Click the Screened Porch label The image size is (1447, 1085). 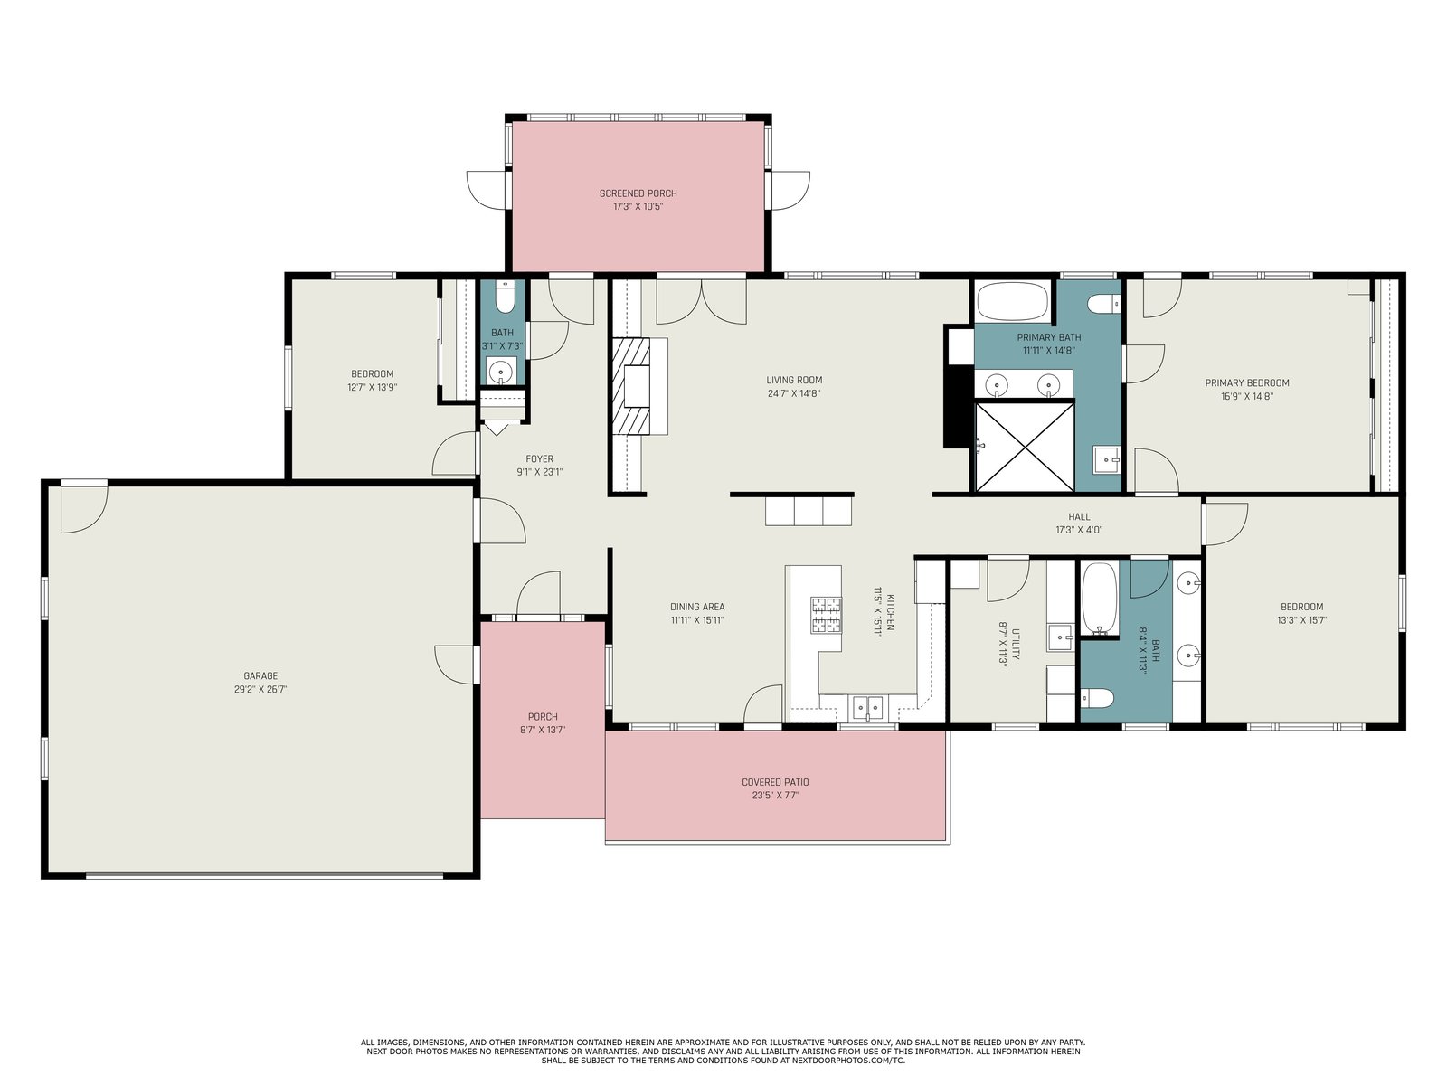(x=638, y=193)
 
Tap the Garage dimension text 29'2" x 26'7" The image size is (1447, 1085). (x=260, y=689)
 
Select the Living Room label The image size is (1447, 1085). (x=794, y=380)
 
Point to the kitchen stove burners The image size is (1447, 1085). (x=826, y=615)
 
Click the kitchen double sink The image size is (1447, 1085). (x=867, y=708)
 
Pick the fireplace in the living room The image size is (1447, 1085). (x=631, y=386)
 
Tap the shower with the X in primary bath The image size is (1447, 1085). (x=1024, y=447)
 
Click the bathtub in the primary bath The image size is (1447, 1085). (x=1012, y=301)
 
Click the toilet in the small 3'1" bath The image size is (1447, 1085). (x=503, y=297)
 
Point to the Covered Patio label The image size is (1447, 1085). (x=775, y=782)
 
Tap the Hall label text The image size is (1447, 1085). (x=1079, y=516)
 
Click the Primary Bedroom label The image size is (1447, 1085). (x=1246, y=382)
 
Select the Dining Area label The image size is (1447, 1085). (x=697, y=607)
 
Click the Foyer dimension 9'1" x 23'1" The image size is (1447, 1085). (x=539, y=472)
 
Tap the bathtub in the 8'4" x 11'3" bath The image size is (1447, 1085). (x=1099, y=599)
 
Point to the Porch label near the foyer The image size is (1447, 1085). (x=543, y=716)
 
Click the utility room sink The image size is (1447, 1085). (x=1061, y=637)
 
